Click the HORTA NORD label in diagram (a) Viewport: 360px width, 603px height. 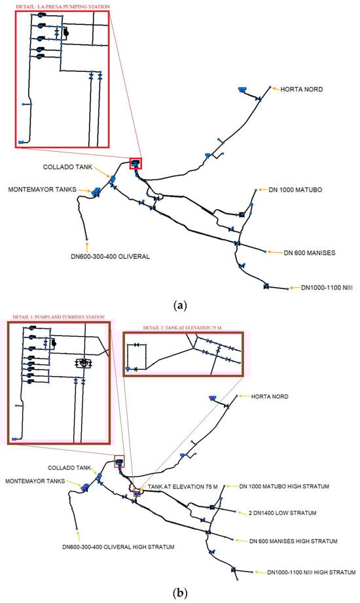click(x=302, y=89)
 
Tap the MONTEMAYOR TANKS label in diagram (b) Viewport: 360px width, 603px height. click(x=35, y=481)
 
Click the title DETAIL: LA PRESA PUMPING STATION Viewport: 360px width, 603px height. click(x=63, y=7)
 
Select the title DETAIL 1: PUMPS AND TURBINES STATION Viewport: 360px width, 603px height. click(x=58, y=317)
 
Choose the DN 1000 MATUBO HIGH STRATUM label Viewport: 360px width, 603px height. click(x=284, y=487)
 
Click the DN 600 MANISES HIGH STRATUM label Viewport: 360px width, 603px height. click(x=293, y=541)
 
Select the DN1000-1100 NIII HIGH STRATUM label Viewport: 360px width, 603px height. click(x=312, y=572)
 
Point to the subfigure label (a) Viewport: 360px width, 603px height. click(x=180, y=306)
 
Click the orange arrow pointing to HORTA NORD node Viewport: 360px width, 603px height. click(x=275, y=88)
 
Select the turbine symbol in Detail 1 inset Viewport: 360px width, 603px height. click(x=84, y=362)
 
